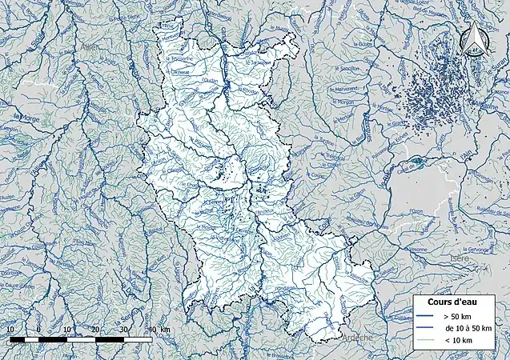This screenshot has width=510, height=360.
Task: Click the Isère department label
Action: coord(459,259)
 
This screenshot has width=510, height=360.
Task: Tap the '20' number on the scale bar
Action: coord(96,330)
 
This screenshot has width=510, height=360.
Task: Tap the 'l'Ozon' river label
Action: coord(416,211)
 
